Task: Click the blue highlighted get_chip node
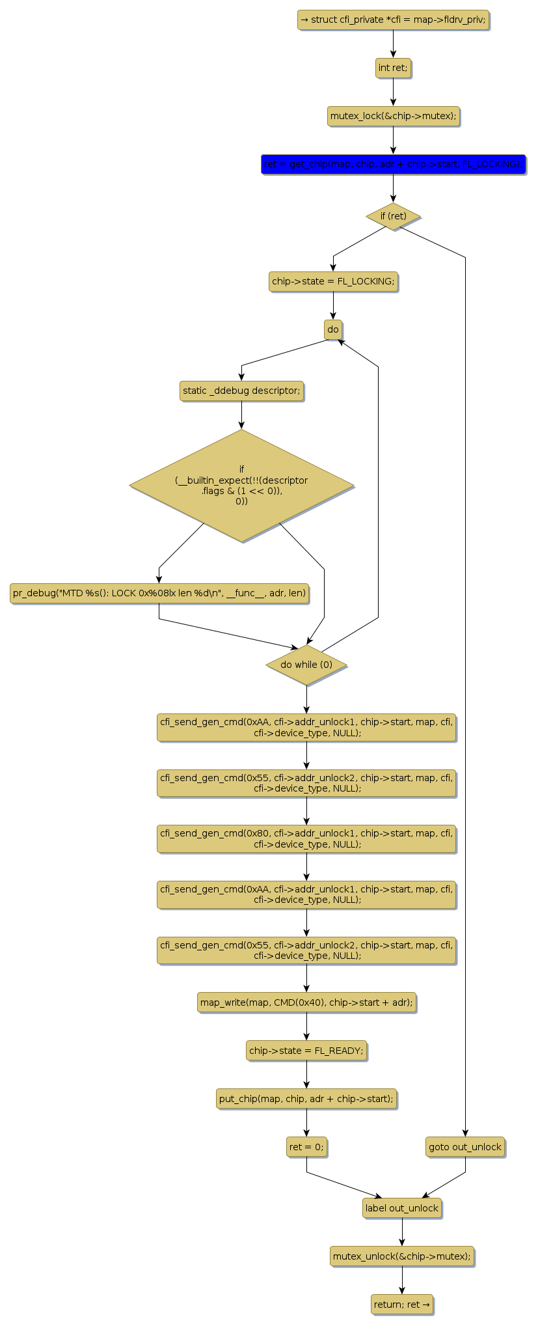click(x=393, y=165)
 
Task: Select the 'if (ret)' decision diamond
click(x=393, y=216)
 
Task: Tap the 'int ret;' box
click(x=393, y=68)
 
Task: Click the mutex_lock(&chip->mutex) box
click(x=393, y=117)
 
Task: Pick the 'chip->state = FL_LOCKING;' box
click(x=333, y=282)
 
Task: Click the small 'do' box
click(x=333, y=329)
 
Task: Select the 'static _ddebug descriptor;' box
click(x=241, y=391)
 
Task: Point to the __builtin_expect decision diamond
click(x=241, y=486)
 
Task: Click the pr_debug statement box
click(x=159, y=593)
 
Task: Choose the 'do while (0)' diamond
click(x=306, y=665)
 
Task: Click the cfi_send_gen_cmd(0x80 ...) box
click(x=306, y=838)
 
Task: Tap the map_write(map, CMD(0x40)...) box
click(x=306, y=1002)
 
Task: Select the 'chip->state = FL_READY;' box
click(x=306, y=1051)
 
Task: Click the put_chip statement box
click(x=306, y=1099)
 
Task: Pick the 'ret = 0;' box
click(x=306, y=1147)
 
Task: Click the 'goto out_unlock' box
click(x=465, y=1147)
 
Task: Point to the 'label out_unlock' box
click(x=402, y=1208)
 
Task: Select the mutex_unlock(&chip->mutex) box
click(x=402, y=1256)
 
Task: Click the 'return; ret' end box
click(x=402, y=1305)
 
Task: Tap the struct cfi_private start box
click(x=393, y=20)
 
